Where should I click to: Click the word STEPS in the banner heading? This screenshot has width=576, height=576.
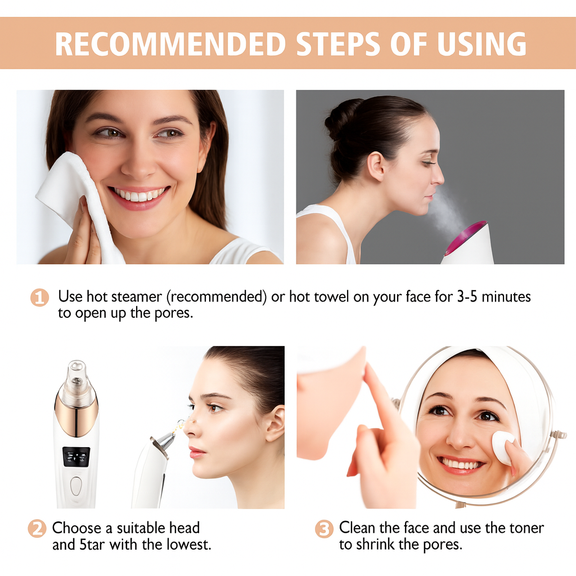click(329, 44)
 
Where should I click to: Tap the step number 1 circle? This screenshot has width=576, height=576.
click(39, 297)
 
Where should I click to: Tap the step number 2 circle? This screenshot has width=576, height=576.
click(37, 529)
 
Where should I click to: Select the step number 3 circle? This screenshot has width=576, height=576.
click(324, 529)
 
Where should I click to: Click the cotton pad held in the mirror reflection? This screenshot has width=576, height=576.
click(502, 447)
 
